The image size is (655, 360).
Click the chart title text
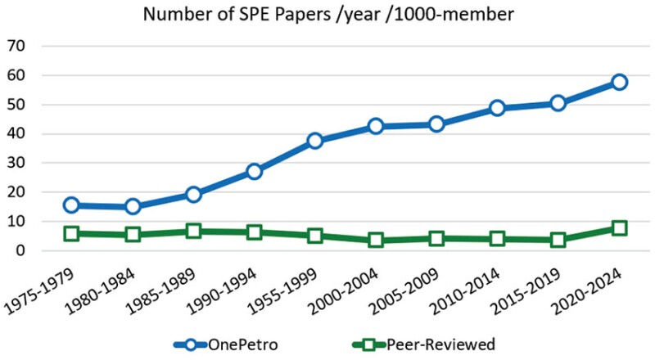(x=327, y=15)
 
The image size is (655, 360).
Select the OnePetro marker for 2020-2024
(x=620, y=82)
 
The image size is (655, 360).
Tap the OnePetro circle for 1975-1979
(x=71, y=205)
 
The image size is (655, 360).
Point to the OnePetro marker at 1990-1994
(x=254, y=172)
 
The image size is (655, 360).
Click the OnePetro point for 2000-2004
(x=376, y=126)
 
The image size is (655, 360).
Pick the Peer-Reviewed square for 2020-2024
(x=620, y=228)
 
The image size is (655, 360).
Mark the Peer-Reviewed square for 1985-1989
(x=193, y=232)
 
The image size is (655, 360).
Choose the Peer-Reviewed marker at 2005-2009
(x=436, y=239)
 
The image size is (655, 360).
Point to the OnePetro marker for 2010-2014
(x=498, y=108)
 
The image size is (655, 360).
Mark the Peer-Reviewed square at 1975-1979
(x=71, y=234)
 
